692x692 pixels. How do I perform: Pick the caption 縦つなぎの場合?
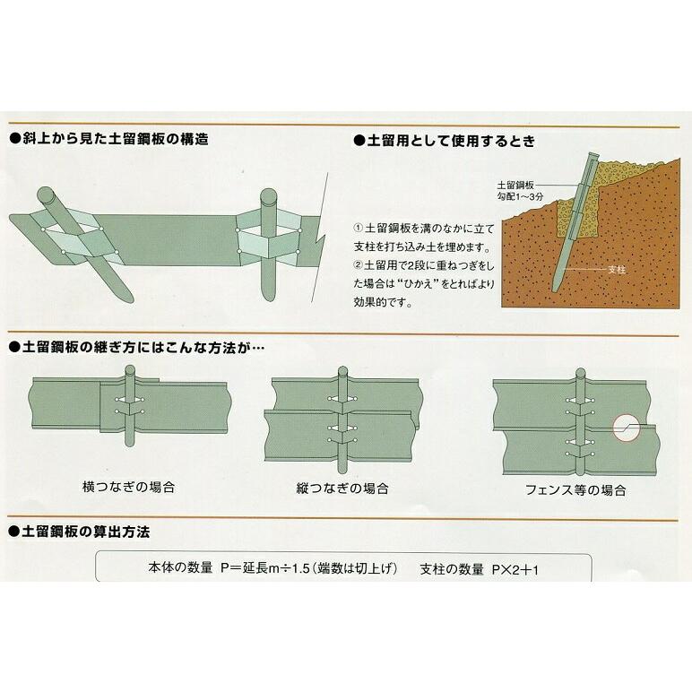point(343,489)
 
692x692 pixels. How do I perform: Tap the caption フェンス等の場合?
point(575,490)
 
